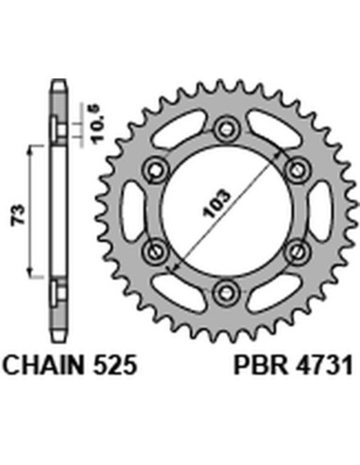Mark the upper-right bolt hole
click(294, 169)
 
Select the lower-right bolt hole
click(294, 250)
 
